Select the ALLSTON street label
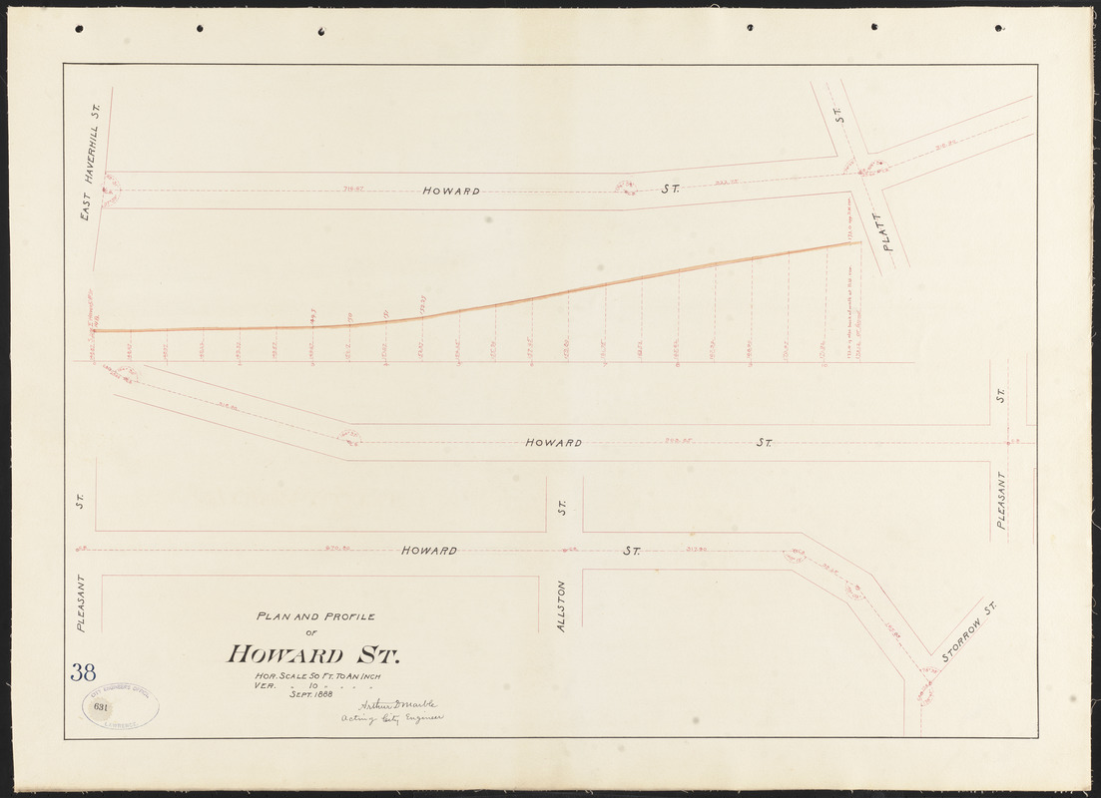(562, 604)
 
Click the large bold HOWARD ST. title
(312, 655)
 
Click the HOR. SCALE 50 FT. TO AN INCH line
(317, 677)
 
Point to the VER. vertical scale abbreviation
(266, 686)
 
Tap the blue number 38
(83, 672)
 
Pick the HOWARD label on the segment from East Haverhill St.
(450, 191)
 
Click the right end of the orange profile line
(858, 242)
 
